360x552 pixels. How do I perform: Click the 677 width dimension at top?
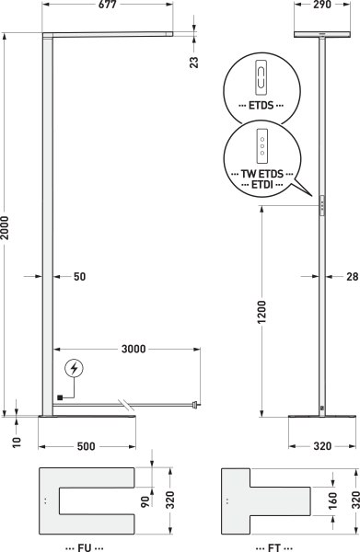click(x=108, y=5)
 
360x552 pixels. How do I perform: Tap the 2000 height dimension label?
click(x=5, y=228)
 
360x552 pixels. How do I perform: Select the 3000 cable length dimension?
click(x=134, y=349)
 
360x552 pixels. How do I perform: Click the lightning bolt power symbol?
click(x=74, y=369)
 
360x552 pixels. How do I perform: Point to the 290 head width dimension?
click(x=322, y=5)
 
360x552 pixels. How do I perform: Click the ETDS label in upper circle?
click(x=261, y=105)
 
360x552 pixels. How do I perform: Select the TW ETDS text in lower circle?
click(x=262, y=174)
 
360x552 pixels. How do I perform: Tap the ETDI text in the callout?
click(x=262, y=185)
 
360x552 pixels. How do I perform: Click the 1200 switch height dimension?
click(x=261, y=312)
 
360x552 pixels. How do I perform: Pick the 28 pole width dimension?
click(x=353, y=277)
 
